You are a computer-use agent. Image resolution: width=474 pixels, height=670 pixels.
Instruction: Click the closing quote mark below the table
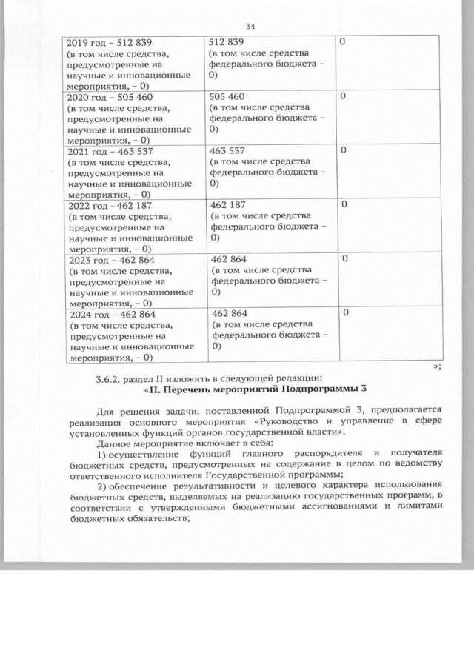pos(437,366)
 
